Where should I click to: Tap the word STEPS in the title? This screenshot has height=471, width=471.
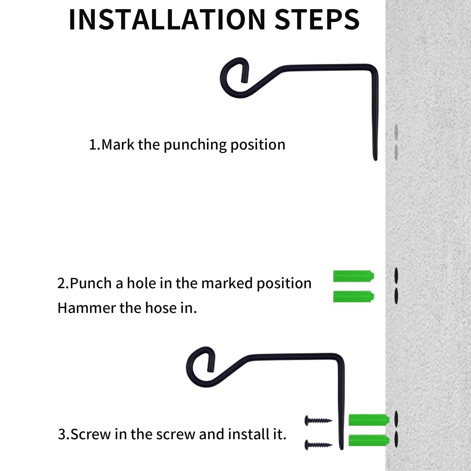pyautogui.click(x=317, y=19)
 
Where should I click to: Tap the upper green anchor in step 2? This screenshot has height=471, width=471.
pyautogui.click(x=354, y=276)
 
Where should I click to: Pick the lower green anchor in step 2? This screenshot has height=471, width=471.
pyautogui.click(x=354, y=296)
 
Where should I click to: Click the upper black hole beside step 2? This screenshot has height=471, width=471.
pyautogui.click(x=396, y=276)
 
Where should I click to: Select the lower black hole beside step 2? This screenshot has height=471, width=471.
pyautogui.click(x=396, y=296)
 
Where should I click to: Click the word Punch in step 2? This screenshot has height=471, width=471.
pyautogui.click(x=91, y=283)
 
